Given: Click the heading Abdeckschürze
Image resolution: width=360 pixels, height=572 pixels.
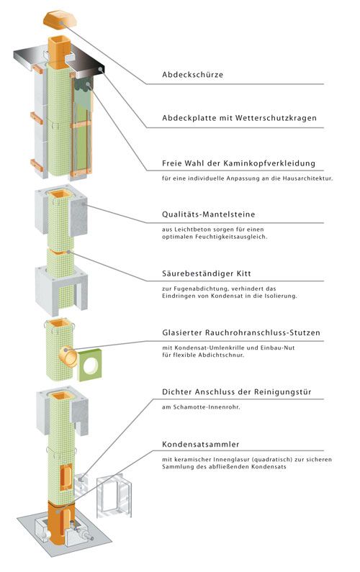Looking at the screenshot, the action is coord(192,75).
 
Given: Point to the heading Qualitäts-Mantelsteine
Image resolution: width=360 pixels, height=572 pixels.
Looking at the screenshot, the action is coord(209,214).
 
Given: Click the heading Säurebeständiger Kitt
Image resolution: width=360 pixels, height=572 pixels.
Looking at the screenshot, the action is coord(207,273).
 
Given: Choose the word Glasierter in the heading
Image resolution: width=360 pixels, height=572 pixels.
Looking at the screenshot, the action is coord(182,332).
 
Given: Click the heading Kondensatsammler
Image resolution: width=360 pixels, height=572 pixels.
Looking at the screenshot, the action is coord(200,445).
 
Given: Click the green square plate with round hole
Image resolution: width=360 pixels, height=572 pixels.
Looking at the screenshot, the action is coord(91,366).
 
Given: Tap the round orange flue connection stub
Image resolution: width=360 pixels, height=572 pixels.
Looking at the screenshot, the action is coord(68,356).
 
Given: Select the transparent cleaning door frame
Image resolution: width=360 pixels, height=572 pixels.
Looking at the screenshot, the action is coord(114,495).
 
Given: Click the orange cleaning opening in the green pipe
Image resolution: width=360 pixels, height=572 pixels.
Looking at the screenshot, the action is coord(66,476).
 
